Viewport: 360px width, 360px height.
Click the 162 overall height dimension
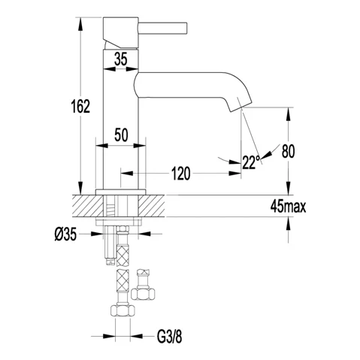[80, 106]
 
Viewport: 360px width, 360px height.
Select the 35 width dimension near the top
[121, 59]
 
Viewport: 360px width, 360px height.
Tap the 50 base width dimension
[121, 135]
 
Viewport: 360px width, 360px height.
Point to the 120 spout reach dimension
[181, 173]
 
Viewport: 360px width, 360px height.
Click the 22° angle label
[251, 162]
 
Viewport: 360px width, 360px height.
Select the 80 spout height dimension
[288, 151]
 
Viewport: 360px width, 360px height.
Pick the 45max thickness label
[288, 207]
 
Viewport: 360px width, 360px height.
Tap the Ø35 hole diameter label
[65, 234]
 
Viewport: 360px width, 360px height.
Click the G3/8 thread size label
[169, 336]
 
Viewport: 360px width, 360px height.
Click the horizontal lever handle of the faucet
[162, 28]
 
